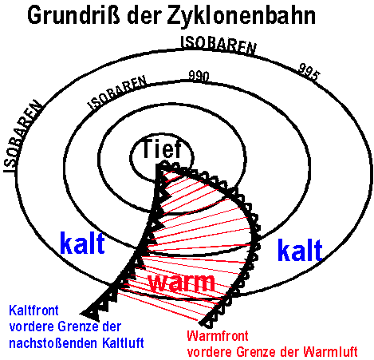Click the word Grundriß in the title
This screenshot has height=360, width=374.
tap(73, 16)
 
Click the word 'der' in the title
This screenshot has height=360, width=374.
tap(144, 16)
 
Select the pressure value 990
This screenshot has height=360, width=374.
tap(199, 76)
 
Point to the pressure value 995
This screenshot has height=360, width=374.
tap(309, 72)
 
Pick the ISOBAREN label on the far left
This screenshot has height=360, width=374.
tap(22, 136)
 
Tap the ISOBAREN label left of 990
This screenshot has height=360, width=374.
tap(117, 93)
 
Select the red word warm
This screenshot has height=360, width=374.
tap(182, 283)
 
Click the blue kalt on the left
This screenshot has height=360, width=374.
tap(82, 243)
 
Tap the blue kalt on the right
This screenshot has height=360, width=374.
tap(300, 250)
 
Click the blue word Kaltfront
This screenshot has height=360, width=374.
tap(33, 311)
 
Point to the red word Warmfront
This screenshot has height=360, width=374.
tap(218, 336)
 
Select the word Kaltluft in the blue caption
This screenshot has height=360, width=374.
tap(123, 342)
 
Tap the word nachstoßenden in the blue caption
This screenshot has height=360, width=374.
tap(53, 343)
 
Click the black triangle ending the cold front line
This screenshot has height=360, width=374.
tap(91, 313)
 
